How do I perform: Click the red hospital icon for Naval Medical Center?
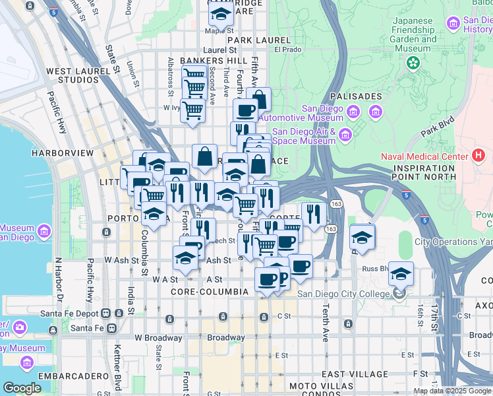tap(478, 156)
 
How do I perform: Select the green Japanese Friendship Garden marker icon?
tap(413, 63)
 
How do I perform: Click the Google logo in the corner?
tap(22, 388)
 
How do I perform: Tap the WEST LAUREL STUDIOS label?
tap(77, 75)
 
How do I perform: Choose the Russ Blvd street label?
tap(373, 269)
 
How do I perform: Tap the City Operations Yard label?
tap(453, 242)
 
